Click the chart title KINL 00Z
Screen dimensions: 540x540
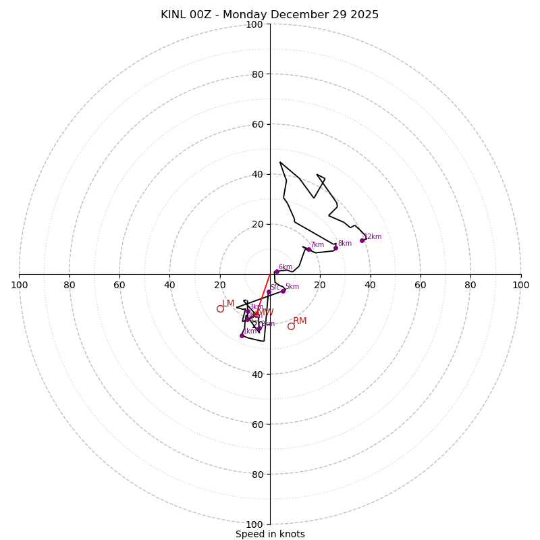[269, 15]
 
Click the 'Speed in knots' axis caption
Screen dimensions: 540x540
[270, 534]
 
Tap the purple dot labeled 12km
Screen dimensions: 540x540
[362, 240]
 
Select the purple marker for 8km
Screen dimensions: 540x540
[335, 248]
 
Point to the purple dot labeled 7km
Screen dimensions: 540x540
[308, 249]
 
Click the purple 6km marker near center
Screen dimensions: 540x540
[276, 272]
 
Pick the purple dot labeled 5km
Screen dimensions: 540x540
[283, 291]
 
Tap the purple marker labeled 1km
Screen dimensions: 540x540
[242, 335]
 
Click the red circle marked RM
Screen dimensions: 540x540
[291, 326]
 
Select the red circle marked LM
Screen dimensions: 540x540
[220, 308]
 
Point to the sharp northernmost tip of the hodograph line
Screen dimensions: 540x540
[280, 162]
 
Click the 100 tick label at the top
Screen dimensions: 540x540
[254, 24]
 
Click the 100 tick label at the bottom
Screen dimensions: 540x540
[254, 524]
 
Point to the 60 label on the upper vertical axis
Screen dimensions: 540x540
[257, 124]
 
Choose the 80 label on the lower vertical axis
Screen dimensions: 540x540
[257, 475]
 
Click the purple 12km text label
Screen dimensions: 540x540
[373, 237]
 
